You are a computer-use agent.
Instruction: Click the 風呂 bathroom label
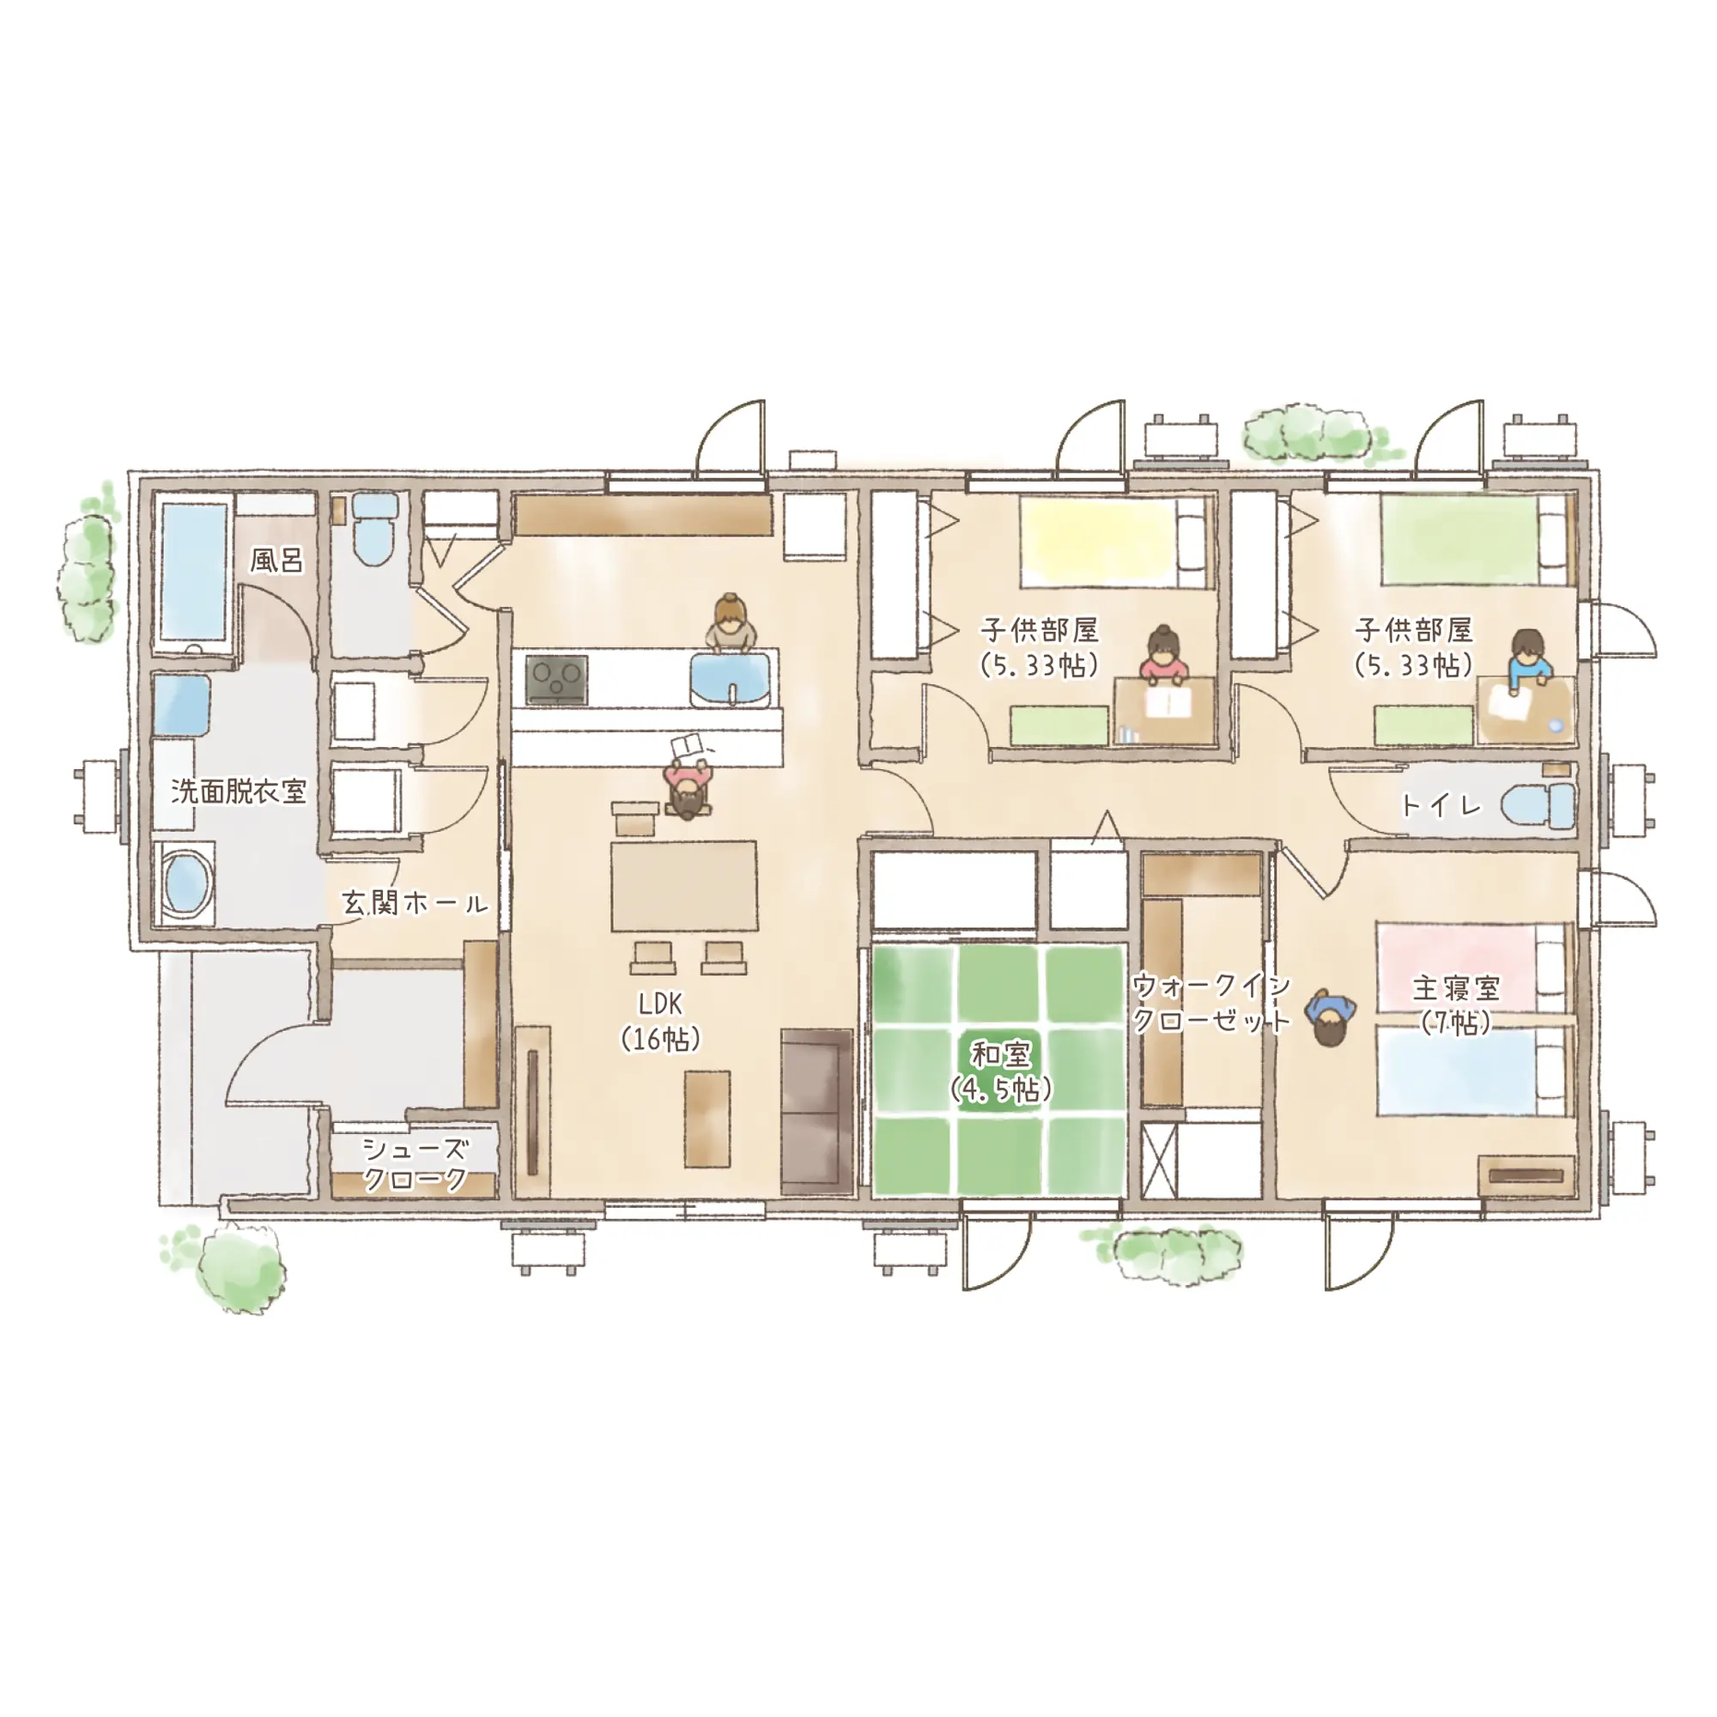pos(276,560)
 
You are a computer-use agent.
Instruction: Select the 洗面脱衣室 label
pos(238,791)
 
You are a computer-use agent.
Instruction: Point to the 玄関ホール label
pos(416,904)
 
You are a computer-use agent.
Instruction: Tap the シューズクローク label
pos(415,1164)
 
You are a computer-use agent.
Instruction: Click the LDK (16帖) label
pos(661,1021)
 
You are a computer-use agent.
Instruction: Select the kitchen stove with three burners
pos(556,680)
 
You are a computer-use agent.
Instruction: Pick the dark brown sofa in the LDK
pos(816,1111)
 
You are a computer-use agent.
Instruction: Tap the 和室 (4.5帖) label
pos(1001,1071)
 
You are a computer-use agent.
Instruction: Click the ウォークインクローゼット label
pos(1211,1003)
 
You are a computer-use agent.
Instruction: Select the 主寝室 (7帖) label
pos(1455,1005)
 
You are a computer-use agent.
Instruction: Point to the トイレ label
pos(1441,806)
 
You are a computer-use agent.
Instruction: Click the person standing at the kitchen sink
pos(731,623)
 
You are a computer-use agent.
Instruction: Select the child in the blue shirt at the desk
pos(1528,659)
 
